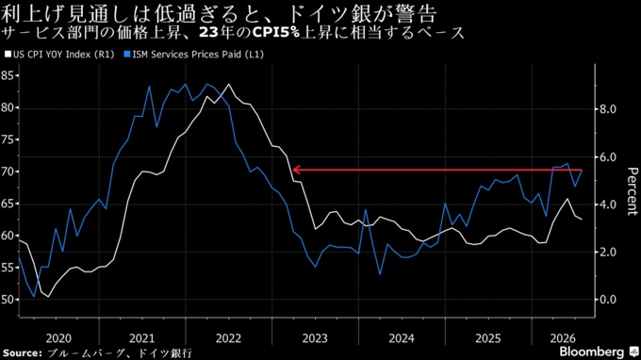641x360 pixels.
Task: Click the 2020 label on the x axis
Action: coord(58,338)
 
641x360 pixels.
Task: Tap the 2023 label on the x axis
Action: coord(315,338)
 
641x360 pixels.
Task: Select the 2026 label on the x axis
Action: coord(563,338)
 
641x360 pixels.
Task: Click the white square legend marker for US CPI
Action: coord(8,54)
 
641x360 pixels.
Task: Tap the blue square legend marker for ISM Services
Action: coord(127,54)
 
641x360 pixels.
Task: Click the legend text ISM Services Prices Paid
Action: coord(187,55)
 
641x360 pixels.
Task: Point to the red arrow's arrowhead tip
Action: coord(293,170)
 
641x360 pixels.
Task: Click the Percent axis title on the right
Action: coord(632,191)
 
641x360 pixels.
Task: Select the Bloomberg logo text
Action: coord(592,352)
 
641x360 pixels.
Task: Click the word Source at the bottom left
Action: coord(22,353)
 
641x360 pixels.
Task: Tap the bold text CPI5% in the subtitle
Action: coord(276,33)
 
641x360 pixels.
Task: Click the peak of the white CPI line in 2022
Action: coord(228,84)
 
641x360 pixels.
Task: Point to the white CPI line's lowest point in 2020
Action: coord(48,297)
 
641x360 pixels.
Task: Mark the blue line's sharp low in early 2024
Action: coord(380,274)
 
